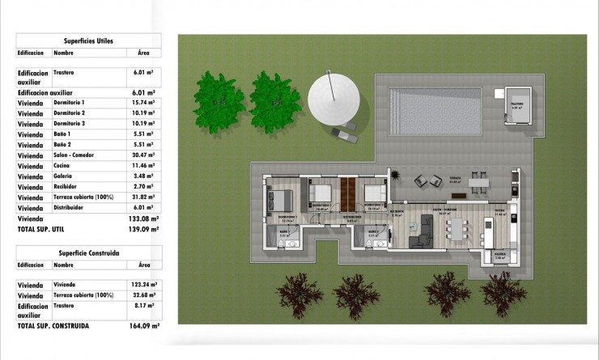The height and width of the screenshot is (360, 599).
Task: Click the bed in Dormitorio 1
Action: (281, 198)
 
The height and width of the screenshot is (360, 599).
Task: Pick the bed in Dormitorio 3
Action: (373, 194)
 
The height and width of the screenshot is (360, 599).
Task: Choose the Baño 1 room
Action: (284, 236)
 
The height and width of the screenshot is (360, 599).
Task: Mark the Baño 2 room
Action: (373, 236)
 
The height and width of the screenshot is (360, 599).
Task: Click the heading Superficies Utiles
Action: (88, 39)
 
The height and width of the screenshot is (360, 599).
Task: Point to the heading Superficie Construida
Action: (90, 252)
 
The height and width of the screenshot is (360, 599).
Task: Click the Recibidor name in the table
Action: (68, 187)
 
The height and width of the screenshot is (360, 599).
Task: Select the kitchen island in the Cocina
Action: (487, 230)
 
